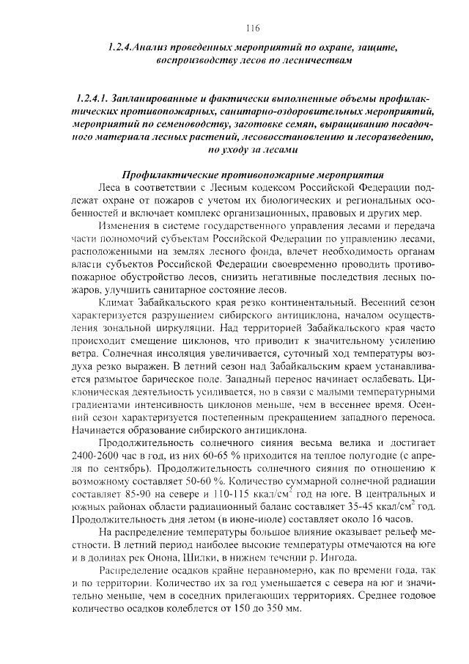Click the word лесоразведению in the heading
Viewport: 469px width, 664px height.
(377, 137)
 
